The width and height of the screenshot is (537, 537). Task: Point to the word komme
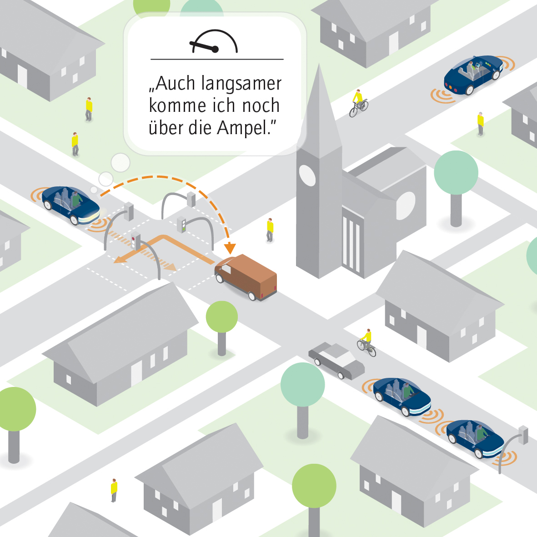(x=178, y=106)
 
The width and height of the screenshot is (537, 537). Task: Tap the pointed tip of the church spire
(x=320, y=66)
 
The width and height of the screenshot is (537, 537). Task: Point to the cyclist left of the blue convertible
(x=358, y=103)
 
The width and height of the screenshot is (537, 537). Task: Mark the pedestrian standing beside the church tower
(x=270, y=230)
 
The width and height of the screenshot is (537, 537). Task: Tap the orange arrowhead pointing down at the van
(x=230, y=248)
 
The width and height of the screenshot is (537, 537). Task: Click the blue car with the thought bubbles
(x=70, y=204)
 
